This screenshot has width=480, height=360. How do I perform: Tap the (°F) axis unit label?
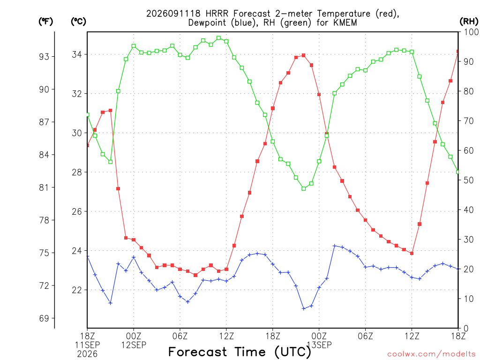[45, 22]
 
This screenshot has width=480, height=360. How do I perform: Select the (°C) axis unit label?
[79, 22]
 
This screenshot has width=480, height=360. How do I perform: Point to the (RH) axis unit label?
[469, 22]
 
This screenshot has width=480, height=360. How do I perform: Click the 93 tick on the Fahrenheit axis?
[44, 57]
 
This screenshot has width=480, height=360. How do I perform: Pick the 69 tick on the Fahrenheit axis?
[44, 318]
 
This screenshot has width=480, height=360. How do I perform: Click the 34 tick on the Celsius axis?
[77, 54]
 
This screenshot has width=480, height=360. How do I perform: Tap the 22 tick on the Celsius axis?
[77, 290]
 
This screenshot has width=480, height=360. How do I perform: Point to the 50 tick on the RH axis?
[469, 180]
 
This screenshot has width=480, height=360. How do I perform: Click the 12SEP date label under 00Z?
[134, 345]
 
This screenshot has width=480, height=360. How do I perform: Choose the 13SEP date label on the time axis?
[319, 345]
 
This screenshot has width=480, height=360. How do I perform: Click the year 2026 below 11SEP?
[87, 354]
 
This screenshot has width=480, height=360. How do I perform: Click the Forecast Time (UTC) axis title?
[240, 352]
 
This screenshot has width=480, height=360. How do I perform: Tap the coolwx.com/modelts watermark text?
[431, 354]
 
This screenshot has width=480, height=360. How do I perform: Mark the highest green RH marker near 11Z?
[218, 38]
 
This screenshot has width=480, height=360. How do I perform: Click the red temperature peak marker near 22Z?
[304, 55]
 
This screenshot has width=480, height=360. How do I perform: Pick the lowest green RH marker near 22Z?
[304, 189]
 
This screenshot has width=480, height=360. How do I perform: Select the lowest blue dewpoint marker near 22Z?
[304, 308]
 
